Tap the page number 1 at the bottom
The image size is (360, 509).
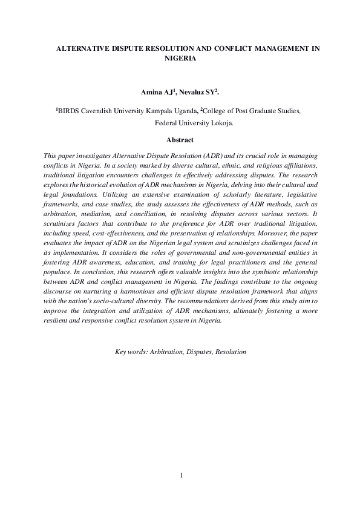180,475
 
